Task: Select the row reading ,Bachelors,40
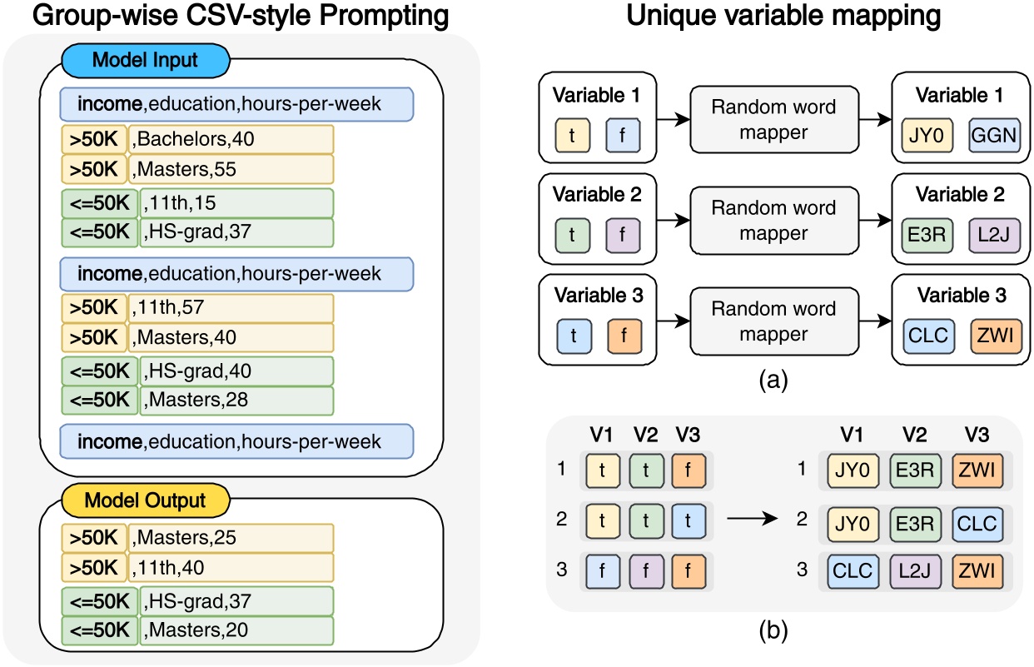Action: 231,139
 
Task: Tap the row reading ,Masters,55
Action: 231,169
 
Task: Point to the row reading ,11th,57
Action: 231,308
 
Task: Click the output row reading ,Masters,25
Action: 231,538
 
